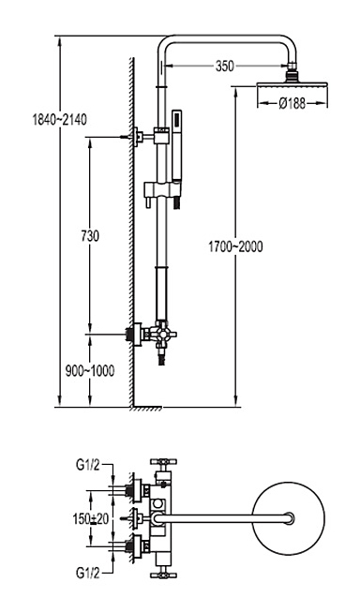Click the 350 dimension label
coord(224,66)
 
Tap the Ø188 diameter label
coord(292,103)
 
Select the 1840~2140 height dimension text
coord(60,120)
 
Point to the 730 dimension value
coord(90,236)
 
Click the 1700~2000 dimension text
coord(235,246)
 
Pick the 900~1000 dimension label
coord(90,370)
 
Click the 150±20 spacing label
coord(91,518)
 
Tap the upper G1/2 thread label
coord(88,465)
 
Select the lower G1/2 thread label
coord(88,573)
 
